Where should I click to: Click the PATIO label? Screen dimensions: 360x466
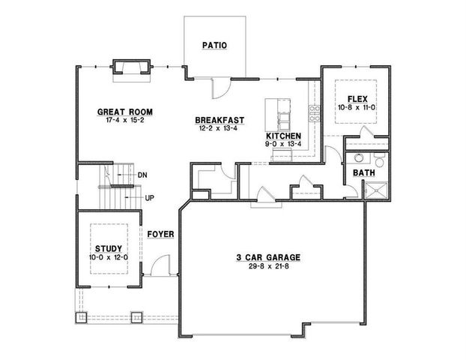214,46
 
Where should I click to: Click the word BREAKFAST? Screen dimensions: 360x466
218,120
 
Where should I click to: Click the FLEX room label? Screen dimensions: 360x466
354,99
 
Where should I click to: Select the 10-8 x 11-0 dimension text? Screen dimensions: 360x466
354,108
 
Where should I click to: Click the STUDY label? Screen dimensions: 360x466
109,247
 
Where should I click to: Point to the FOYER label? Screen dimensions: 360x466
161,234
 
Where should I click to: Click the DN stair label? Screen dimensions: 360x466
142,175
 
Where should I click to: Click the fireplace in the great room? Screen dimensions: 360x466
132,69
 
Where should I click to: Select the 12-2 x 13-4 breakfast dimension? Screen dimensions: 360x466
218,128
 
